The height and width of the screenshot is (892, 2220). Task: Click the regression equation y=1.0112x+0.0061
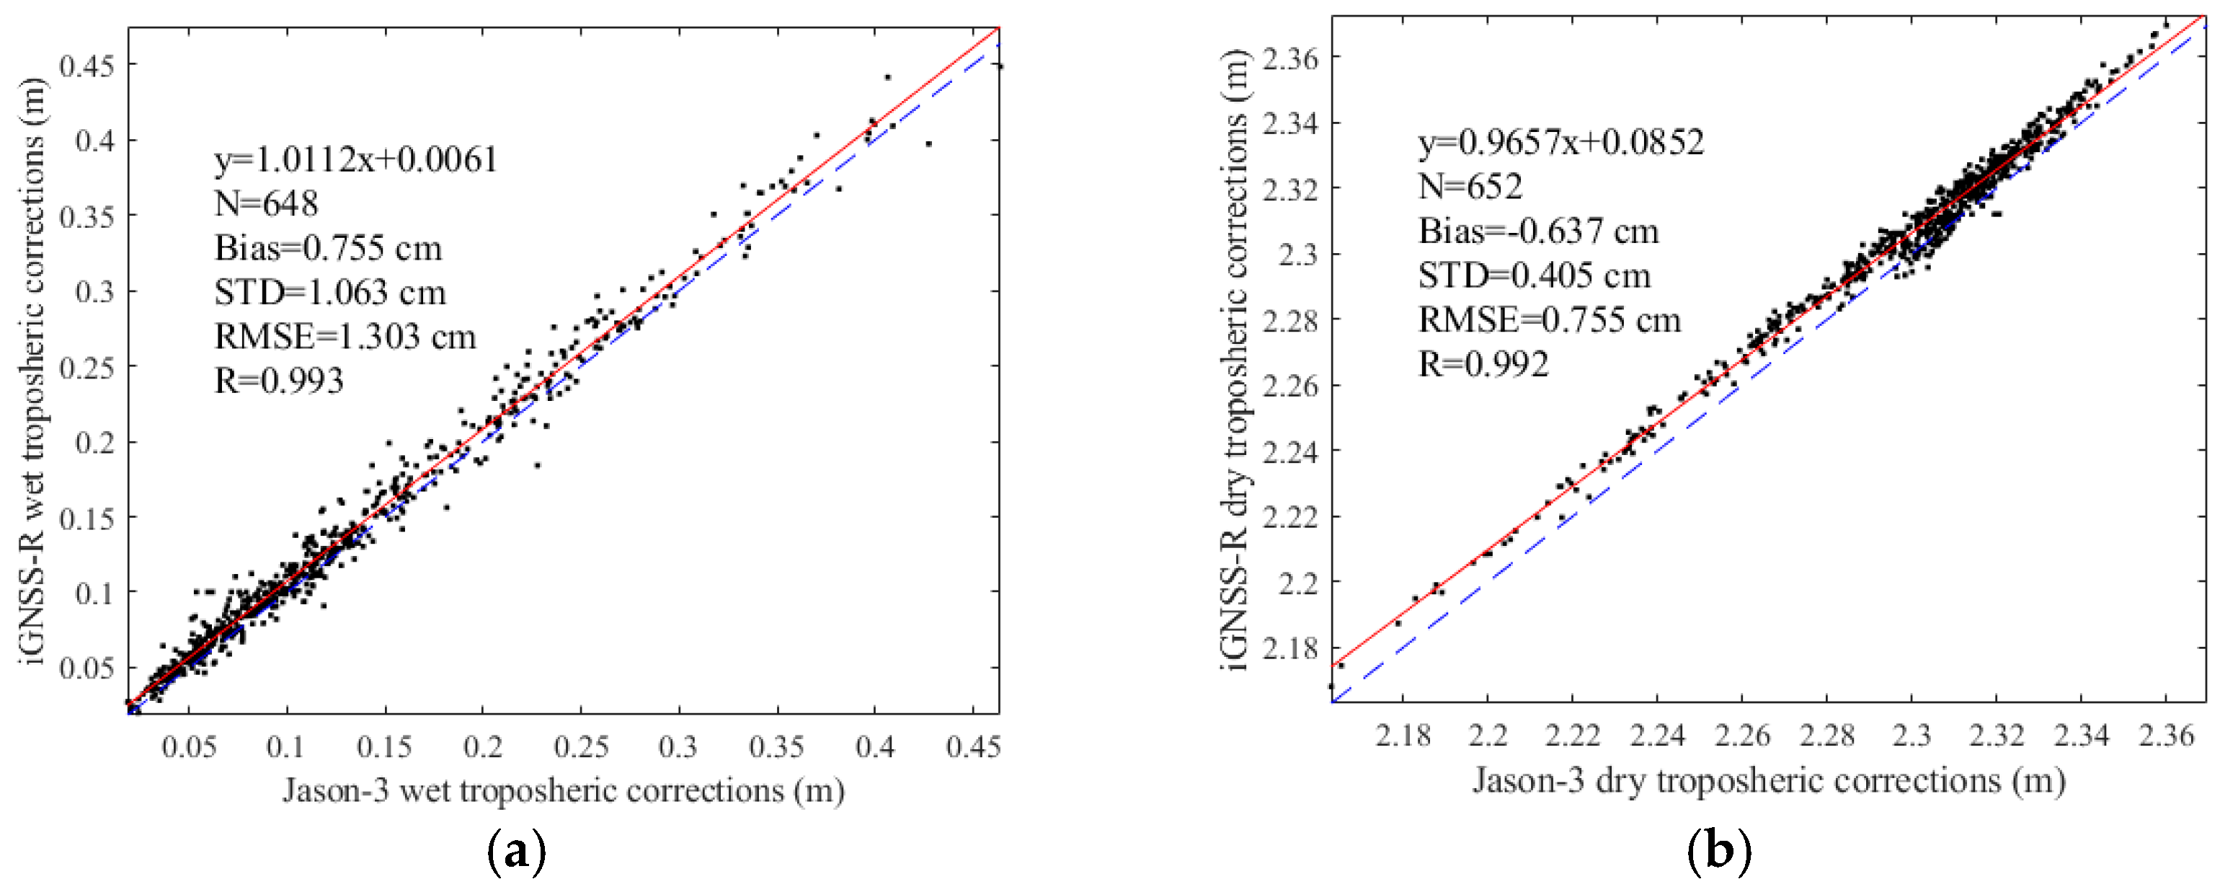coord(356,160)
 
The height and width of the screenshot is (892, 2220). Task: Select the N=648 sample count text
coord(266,204)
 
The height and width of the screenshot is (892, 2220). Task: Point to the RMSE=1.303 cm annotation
coord(345,337)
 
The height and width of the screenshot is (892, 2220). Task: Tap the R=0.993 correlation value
coord(278,381)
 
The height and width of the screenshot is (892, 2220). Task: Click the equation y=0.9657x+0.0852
coord(1560,142)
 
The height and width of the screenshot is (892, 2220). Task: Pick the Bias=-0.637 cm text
coord(1538,231)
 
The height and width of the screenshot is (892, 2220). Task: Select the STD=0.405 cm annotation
coord(1534,275)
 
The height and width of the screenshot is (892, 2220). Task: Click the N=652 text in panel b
coord(1470,186)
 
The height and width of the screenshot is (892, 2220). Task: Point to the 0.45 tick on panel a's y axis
coord(87,65)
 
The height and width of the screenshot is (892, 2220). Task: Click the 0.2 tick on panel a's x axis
coord(483,746)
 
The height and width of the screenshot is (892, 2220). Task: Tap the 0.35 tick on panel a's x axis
coord(777,746)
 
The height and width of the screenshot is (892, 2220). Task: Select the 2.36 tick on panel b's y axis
coord(1290,58)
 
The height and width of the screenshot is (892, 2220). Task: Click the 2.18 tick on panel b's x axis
coord(1402,736)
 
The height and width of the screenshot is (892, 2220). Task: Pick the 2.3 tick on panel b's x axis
coord(1912,736)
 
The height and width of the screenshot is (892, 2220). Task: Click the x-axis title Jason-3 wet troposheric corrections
coord(563,790)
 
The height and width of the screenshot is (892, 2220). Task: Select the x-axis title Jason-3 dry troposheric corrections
coord(1768,781)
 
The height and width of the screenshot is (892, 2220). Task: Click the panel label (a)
coord(516,852)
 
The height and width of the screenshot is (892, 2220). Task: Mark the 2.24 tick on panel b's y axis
coord(1290,451)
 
